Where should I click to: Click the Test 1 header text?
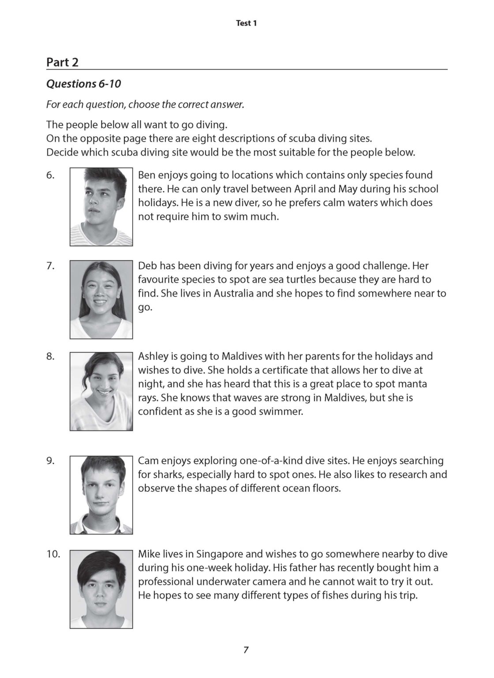coord(247,23)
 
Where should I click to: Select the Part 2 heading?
coord(62,62)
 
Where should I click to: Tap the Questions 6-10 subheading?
coord(83,84)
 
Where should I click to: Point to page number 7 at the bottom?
coord(246,650)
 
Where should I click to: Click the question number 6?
coord(50,175)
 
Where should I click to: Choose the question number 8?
coord(50,356)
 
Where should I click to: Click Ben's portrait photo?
coord(101,206)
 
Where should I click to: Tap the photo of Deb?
coord(101,299)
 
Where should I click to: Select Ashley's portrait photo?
coord(101,391)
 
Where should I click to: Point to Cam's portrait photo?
coord(101,495)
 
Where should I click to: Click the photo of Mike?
coord(101,589)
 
